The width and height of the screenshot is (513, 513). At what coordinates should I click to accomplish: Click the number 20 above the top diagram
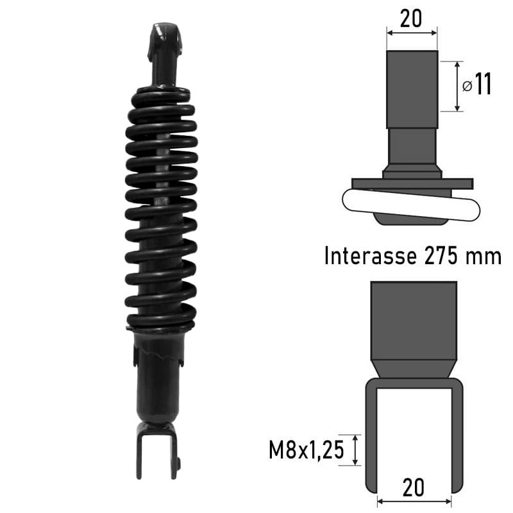click(411, 19)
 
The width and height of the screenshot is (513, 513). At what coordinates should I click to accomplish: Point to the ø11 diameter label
click(478, 85)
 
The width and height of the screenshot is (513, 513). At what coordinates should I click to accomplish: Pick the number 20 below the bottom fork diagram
click(414, 488)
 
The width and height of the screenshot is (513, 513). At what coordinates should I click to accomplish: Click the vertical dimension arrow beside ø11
click(457, 87)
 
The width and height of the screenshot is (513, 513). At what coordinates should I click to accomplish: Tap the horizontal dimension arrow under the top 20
click(412, 30)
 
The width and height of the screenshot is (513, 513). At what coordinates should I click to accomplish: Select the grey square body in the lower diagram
click(414, 321)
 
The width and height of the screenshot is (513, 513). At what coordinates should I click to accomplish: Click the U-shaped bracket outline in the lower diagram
click(370, 436)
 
